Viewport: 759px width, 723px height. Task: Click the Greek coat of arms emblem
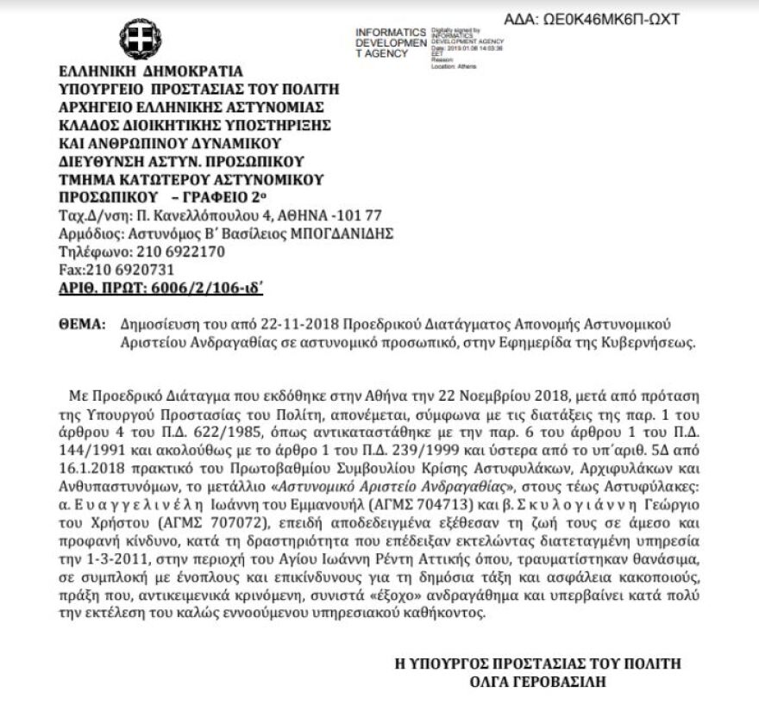135,38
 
